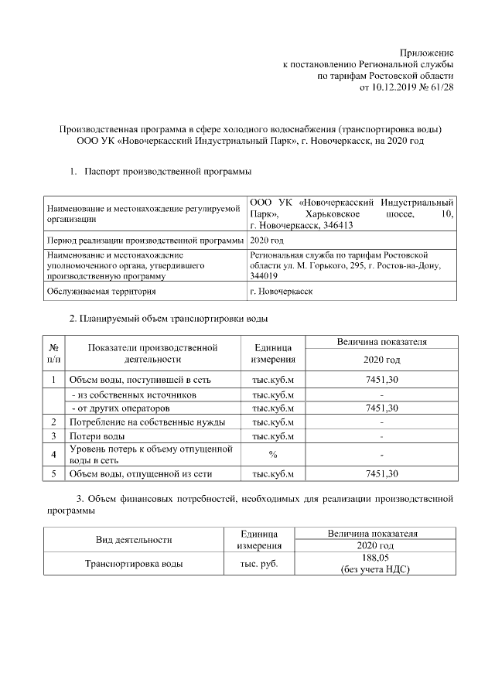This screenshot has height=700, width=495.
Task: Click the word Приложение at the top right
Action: (x=426, y=51)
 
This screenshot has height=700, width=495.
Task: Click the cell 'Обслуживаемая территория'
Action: (x=101, y=292)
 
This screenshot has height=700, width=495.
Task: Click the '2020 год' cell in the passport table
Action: (x=266, y=241)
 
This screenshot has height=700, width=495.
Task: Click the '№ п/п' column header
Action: (x=54, y=353)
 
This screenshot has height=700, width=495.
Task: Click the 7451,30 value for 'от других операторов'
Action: (x=381, y=408)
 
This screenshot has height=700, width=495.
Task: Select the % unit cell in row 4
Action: (x=273, y=454)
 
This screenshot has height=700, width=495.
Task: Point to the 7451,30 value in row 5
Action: (x=381, y=473)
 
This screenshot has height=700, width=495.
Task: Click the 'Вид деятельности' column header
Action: (x=134, y=539)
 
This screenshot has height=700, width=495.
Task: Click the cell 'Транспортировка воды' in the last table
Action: (x=134, y=564)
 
